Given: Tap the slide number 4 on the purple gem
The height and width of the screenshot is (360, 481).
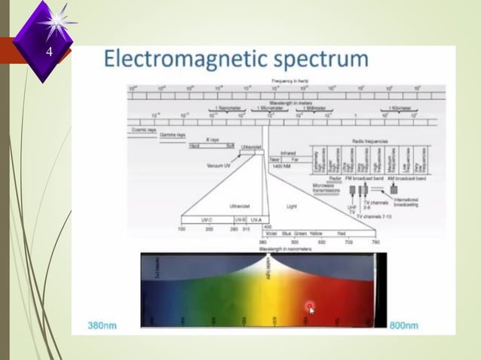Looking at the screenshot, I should [x=49, y=53].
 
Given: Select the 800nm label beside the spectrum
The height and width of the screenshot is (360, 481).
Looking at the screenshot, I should [x=403, y=325].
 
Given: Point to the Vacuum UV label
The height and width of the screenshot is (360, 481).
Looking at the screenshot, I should [x=219, y=164].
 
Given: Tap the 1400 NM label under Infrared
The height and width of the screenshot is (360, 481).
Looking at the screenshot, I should [x=282, y=166].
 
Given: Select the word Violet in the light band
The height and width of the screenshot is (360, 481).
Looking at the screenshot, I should [x=272, y=233].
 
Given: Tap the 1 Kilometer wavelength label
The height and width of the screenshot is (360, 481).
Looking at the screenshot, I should [x=402, y=108].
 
